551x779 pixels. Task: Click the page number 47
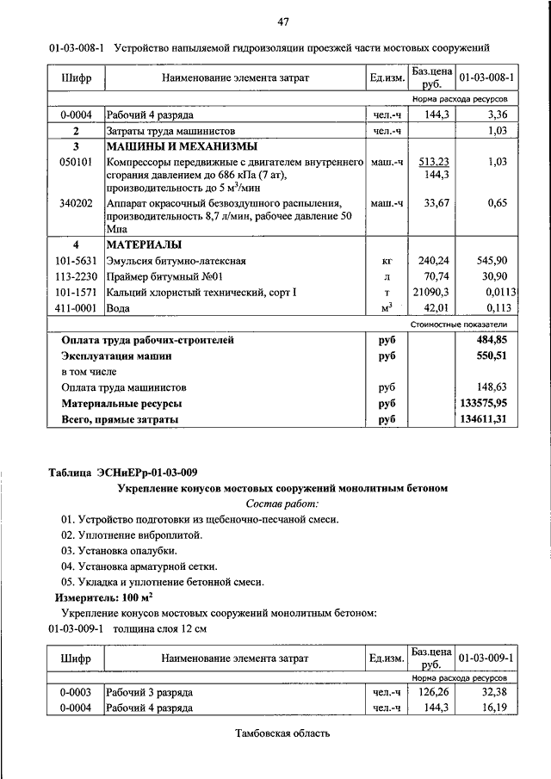coord(282,22)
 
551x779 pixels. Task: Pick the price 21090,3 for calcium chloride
coord(433,292)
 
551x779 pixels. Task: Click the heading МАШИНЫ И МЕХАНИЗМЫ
coord(181,146)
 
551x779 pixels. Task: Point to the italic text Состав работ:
coord(282,504)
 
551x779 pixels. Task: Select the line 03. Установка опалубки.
coord(119,550)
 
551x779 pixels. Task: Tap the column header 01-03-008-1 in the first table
coord(486,77)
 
